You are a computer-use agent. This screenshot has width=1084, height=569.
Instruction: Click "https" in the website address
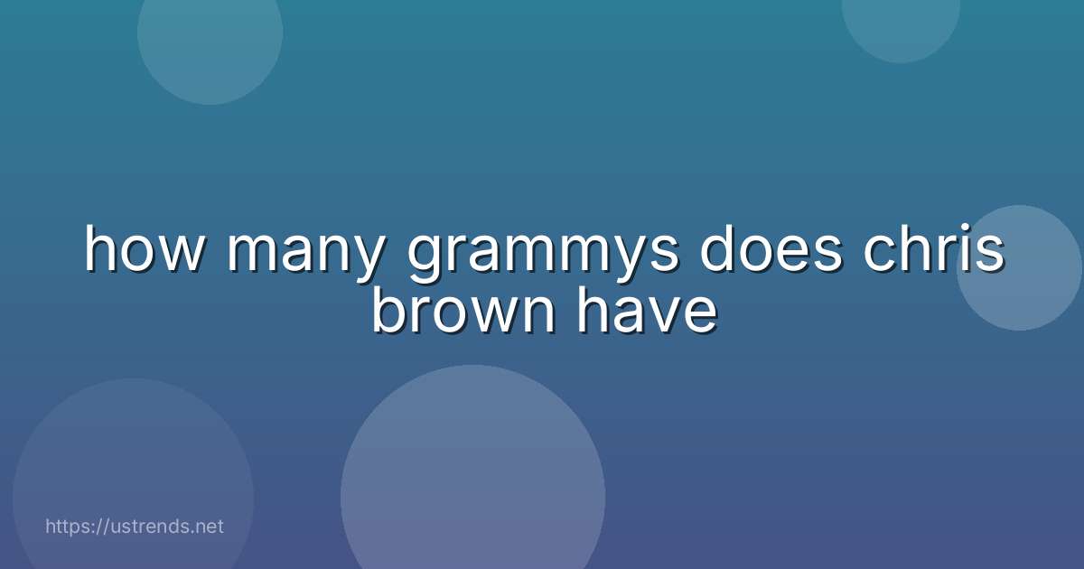click(69, 526)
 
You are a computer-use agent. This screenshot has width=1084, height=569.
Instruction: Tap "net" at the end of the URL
click(209, 526)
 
